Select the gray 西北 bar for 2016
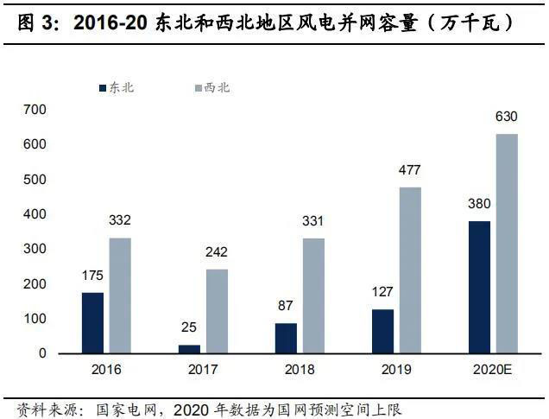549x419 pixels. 120,295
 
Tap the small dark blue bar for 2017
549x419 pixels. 189,349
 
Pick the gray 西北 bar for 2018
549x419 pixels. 313,295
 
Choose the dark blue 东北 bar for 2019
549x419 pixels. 382,331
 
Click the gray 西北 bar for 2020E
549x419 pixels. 507,244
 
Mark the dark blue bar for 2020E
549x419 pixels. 479,287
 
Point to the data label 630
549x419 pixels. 507,117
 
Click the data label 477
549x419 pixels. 410,170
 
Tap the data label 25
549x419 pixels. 189,328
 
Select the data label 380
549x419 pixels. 479,205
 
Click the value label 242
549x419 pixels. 217,252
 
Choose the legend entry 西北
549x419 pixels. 217,87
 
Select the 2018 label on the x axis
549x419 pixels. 299,369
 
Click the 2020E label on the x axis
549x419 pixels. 493,369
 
